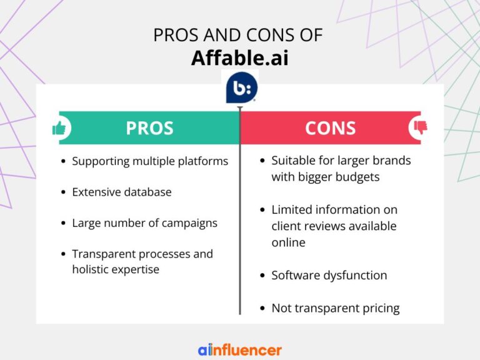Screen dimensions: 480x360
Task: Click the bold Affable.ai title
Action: pyautogui.click(x=240, y=57)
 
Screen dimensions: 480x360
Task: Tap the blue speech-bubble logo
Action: pyautogui.click(x=241, y=87)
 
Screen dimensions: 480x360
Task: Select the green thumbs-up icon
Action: pyautogui.click(x=59, y=128)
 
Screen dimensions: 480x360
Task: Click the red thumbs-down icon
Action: pyautogui.click(x=421, y=127)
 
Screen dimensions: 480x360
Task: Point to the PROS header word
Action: pyautogui.click(x=150, y=128)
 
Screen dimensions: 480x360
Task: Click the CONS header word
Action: pyautogui.click(x=330, y=128)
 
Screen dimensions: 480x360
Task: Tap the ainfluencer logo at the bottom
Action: pyautogui.click(x=240, y=350)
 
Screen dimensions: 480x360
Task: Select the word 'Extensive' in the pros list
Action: pyautogui.click(x=96, y=192)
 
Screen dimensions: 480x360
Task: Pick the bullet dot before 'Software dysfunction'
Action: pyautogui.click(x=262, y=276)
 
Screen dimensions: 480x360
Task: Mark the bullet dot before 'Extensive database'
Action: pyautogui.click(x=63, y=192)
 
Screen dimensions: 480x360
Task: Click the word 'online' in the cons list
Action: pyautogui.click(x=288, y=242)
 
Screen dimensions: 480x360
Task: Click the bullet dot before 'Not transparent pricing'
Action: pyautogui.click(x=262, y=308)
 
